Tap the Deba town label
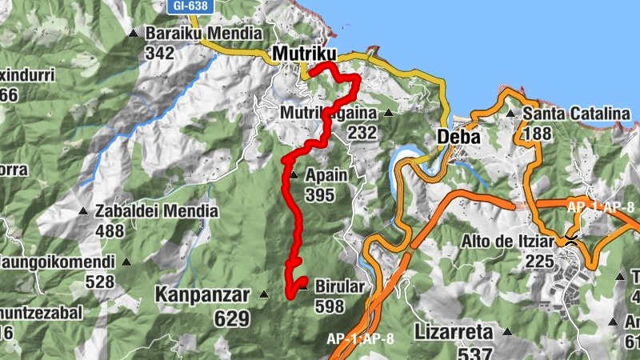pyautogui.click(x=458, y=137)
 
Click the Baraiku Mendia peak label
pyautogui.click(x=203, y=34)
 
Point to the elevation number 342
pyautogui.click(x=160, y=52)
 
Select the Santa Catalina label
pyautogui.click(x=576, y=114)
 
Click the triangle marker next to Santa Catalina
pyautogui.click(x=510, y=114)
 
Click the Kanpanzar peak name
pyautogui.click(x=203, y=295)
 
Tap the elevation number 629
pyautogui.click(x=232, y=318)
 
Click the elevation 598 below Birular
pyautogui.click(x=330, y=306)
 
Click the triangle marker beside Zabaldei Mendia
pyautogui.click(x=82, y=211)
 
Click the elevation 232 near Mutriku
pyautogui.click(x=362, y=133)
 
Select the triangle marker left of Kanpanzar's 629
pyautogui.click(x=266, y=295)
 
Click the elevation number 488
pyautogui.click(x=110, y=231)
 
